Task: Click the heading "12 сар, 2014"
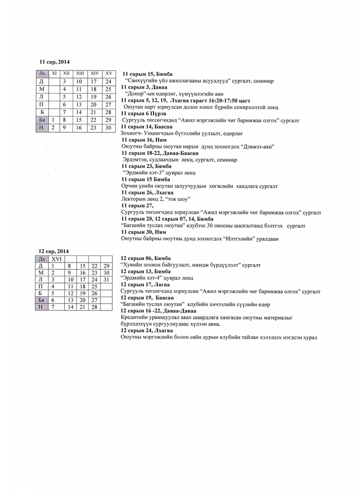pos(54,251)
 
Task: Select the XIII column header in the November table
pos(80,73)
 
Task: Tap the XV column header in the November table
pos(109,73)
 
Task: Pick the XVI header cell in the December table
pos(56,259)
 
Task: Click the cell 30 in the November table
pos(109,127)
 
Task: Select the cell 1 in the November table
pos(53,120)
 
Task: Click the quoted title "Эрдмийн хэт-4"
pos(141,278)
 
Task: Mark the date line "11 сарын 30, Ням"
pos(143,232)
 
